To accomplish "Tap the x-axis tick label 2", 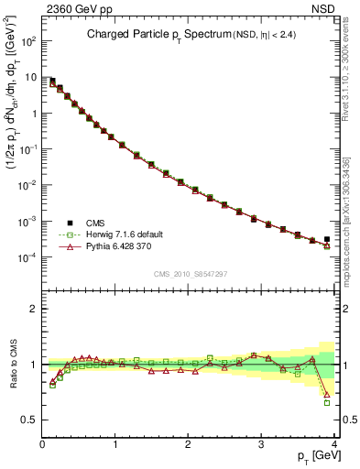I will pos(189,444).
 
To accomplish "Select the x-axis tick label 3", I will pos(262,444).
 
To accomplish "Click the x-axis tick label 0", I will pos(42,444).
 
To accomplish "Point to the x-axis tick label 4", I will pos(334,444).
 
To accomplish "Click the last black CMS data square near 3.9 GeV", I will pos(327,239).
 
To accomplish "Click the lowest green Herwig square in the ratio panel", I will pos(327,402).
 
